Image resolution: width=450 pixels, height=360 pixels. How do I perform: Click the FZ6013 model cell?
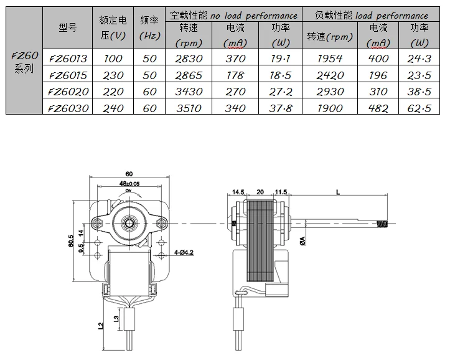tap(68, 59)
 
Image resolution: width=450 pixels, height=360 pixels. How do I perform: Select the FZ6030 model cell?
tap(68, 108)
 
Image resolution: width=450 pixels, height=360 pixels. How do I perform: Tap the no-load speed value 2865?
tap(189, 75)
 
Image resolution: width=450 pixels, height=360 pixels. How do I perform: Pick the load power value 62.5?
tap(419, 108)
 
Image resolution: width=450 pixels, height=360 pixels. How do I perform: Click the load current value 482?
tap(378, 108)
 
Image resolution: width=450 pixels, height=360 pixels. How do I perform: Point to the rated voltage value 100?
tap(113, 59)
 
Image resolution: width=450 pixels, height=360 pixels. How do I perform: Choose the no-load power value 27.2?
tap(280, 92)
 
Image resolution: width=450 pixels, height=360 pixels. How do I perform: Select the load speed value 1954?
tap(330, 59)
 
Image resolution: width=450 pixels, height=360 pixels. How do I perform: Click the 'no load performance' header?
tap(254, 15)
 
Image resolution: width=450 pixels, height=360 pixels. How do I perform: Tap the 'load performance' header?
tap(391, 15)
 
